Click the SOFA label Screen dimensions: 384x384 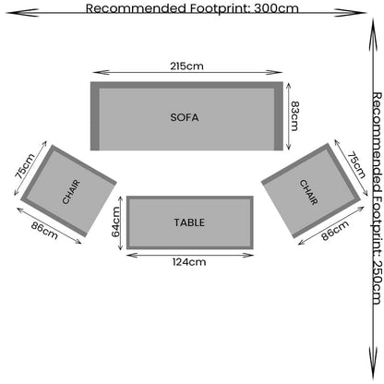click(x=185, y=117)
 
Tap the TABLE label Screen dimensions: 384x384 click(x=189, y=222)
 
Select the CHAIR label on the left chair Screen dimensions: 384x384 click(x=71, y=192)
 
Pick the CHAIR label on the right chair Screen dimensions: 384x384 click(x=308, y=192)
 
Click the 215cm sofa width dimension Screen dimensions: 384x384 click(x=186, y=66)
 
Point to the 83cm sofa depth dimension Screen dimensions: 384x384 click(x=294, y=116)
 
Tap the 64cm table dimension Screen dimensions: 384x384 click(x=115, y=222)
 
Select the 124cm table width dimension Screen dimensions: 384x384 click(x=189, y=262)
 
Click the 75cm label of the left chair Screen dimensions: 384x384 click(x=25, y=166)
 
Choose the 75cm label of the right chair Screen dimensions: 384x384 click(x=356, y=165)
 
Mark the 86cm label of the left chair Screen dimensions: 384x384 click(x=44, y=231)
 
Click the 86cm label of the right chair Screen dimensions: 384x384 click(x=335, y=231)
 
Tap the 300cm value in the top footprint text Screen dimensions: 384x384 click(x=276, y=8)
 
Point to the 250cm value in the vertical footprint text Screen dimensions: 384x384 click(x=377, y=282)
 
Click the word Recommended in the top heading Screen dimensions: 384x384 click(x=136, y=8)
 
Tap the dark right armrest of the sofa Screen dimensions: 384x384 click(x=279, y=116)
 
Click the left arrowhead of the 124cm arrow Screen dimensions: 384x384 click(x=132, y=255)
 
